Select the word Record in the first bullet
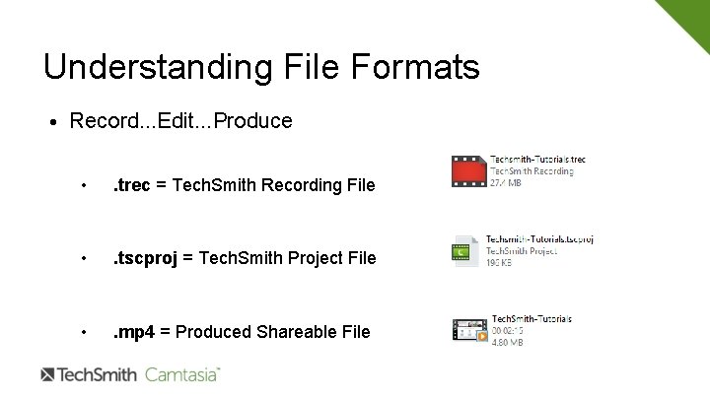(101, 121)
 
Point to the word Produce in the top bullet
(252, 121)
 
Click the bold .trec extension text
(132, 184)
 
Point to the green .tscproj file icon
(465, 252)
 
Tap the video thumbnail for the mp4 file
(469, 331)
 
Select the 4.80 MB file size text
(507, 342)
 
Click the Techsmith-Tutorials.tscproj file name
(539, 239)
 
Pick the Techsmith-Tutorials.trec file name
(537, 159)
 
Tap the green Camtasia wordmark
(182, 374)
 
